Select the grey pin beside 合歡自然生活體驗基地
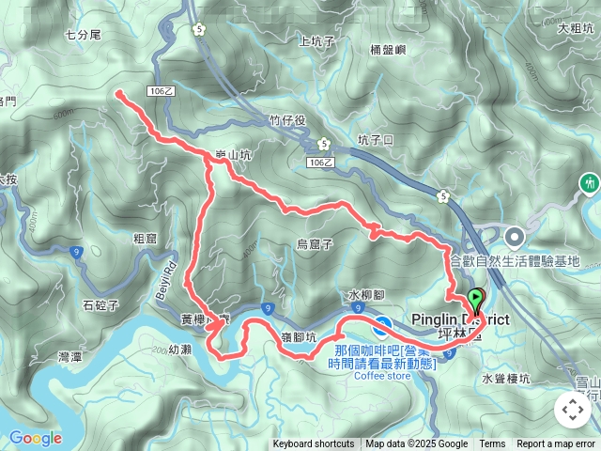pos(515,236)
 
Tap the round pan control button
pos(572,410)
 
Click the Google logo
pos(35,438)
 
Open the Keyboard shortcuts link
pos(314,444)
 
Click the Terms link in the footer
pos(492,444)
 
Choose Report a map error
pos(557,444)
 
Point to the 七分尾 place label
pos(83,34)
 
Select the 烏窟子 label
pos(315,244)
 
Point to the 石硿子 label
pos(100,305)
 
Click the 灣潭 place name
pos(70,357)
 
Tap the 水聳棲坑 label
pos(507,379)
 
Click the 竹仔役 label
pos(287,120)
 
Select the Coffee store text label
pos(382,376)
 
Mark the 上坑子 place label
pos(316,41)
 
